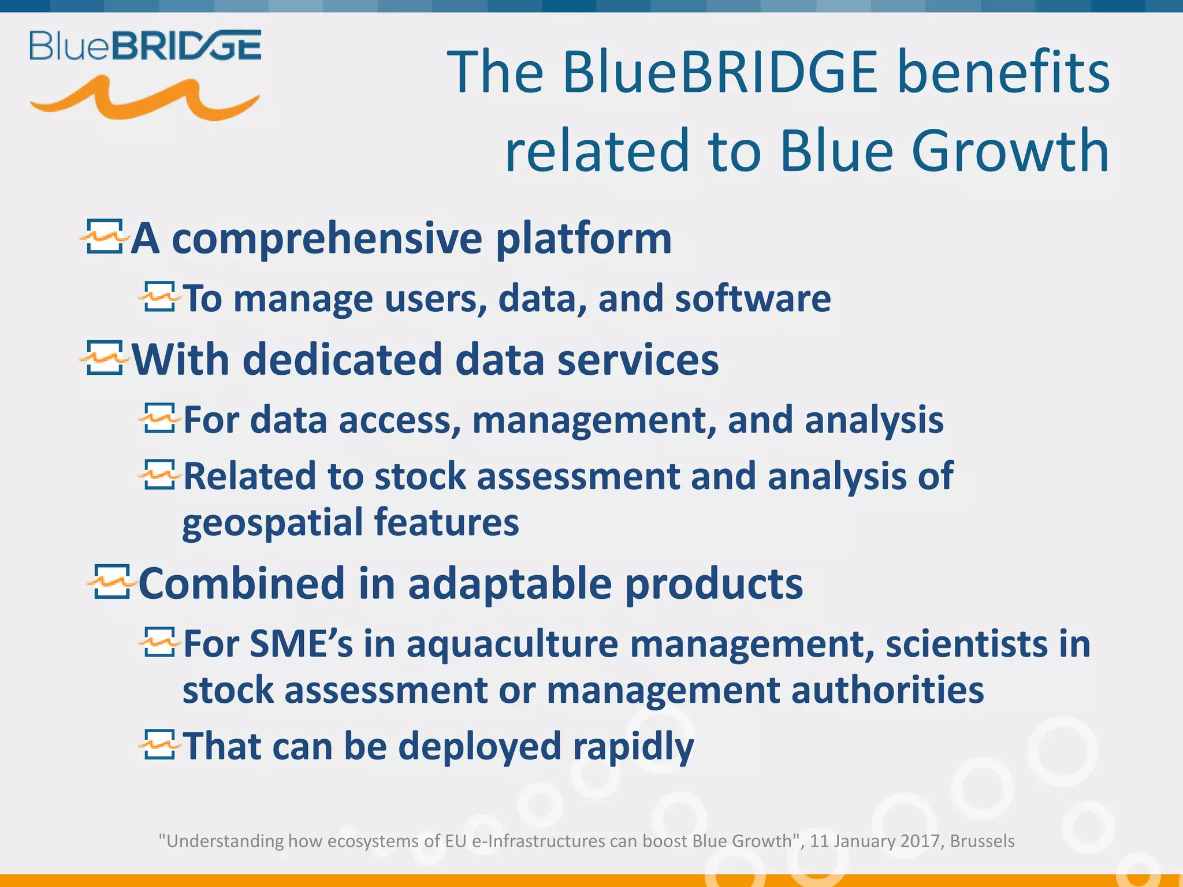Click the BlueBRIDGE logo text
pyautogui.click(x=146, y=46)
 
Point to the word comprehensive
pyautogui.click(x=327, y=238)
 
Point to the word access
pyautogui.click(x=399, y=420)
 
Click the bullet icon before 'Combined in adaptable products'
pyautogui.click(x=110, y=582)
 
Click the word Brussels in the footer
pyautogui.click(x=982, y=841)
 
